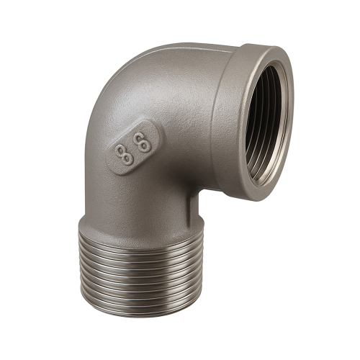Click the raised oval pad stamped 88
[132, 148]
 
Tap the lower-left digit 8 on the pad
[124, 156]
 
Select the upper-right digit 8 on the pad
[143, 142]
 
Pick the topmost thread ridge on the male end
[141, 240]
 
